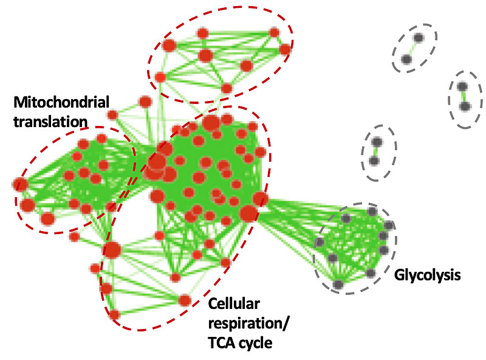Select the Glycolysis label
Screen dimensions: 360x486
[x=427, y=275]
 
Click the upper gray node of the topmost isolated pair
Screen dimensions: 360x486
[x=419, y=38]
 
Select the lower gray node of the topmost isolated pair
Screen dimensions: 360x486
[x=406, y=60]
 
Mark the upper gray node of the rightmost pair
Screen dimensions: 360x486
[x=462, y=86]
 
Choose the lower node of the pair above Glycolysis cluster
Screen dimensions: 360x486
[x=374, y=161]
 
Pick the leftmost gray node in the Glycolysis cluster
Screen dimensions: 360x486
[x=320, y=243]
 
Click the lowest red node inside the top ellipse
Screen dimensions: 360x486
[x=227, y=89]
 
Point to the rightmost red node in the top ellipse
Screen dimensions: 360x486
[x=284, y=49]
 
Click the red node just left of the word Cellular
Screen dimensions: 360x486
[x=185, y=300]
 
